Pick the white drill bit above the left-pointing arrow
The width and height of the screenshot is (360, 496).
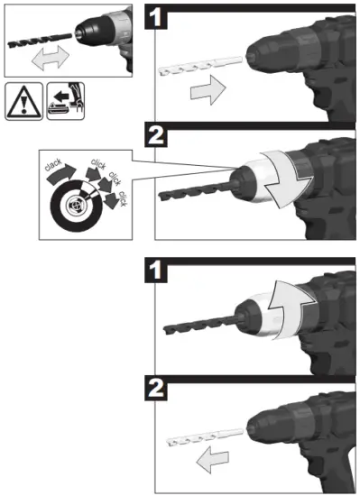point(203,436)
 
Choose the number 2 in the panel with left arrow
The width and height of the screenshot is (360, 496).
point(157,389)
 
